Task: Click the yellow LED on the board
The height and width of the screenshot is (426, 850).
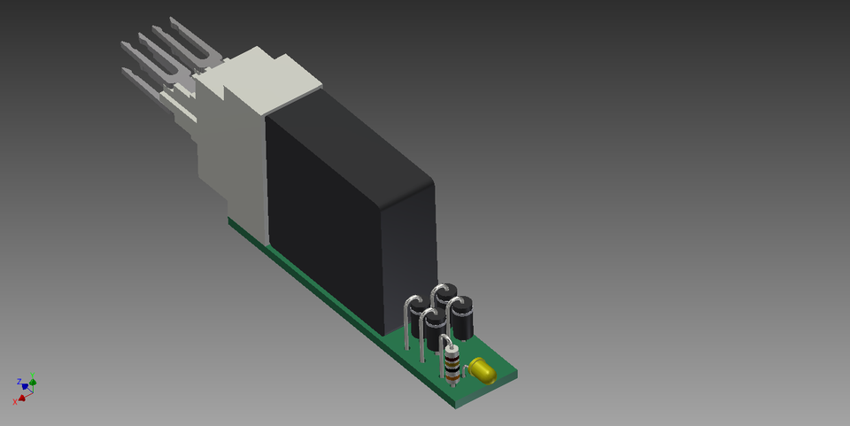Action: click(483, 370)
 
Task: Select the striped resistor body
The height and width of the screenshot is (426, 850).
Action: click(453, 366)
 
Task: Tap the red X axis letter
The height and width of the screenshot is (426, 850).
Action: click(15, 401)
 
